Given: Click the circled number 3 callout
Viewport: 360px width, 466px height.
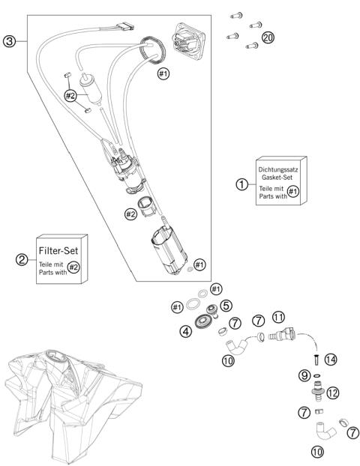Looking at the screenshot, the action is (x=9, y=41).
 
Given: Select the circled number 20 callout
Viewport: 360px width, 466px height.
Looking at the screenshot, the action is (x=268, y=37).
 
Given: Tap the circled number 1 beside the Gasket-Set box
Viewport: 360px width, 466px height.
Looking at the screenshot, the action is (x=242, y=184).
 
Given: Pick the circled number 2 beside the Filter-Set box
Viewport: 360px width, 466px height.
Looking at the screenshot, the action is (x=22, y=260).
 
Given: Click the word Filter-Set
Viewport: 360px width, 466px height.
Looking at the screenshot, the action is (x=58, y=250).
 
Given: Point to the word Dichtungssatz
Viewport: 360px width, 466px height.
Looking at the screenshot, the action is (x=278, y=170).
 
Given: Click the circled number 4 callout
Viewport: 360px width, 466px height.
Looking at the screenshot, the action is (x=186, y=331).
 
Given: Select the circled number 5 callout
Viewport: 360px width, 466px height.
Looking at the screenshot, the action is (x=226, y=305).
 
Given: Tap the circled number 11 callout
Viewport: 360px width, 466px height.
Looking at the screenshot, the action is (x=278, y=317).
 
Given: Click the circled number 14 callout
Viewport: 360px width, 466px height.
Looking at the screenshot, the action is (x=331, y=360).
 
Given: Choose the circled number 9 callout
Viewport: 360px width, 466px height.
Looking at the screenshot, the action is (x=304, y=375).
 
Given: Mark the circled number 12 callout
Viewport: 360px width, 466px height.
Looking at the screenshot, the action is (x=333, y=393).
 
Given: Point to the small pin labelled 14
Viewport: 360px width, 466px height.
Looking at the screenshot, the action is (x=316, y=360).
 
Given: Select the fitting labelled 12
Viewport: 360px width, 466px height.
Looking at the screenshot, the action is (x=318, y=390).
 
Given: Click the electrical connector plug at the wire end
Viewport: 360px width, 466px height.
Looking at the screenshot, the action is (x=125, y=27).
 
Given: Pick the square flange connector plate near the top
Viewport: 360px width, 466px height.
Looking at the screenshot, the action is (x=189, y=41).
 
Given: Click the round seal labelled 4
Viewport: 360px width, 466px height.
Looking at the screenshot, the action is (x=205, y=321).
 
